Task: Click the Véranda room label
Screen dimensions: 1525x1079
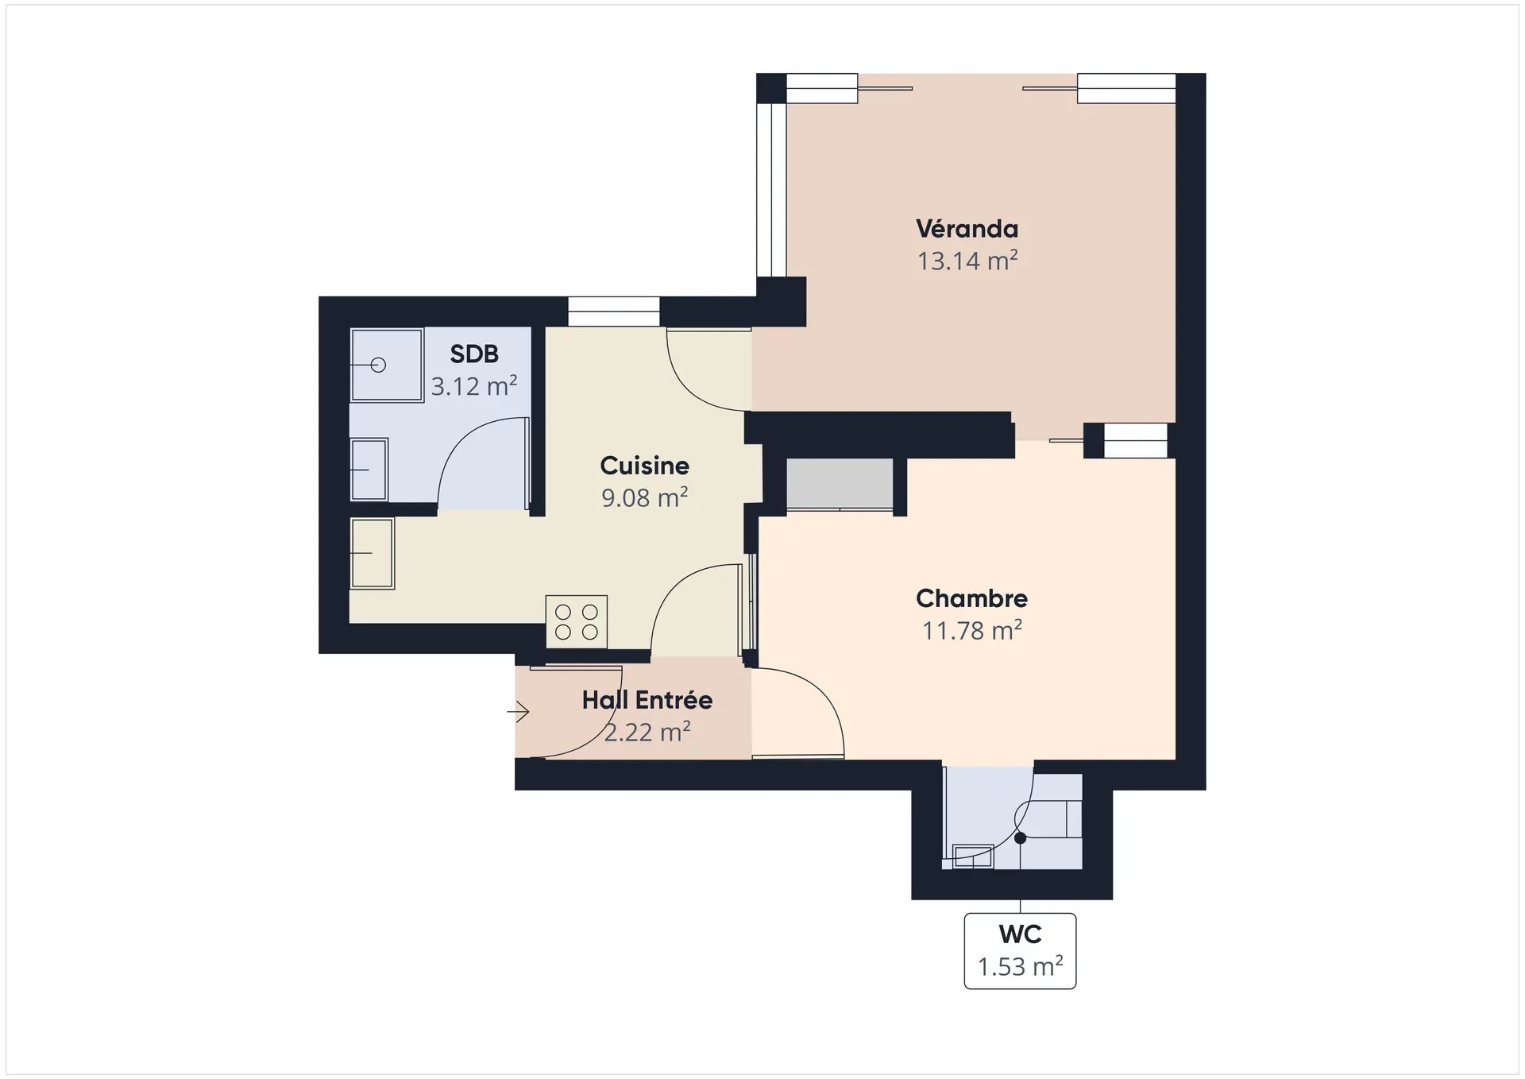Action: [x=967, y=229]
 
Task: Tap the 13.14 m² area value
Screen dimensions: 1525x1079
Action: [x=967, y=261]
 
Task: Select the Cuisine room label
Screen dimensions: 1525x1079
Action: [x=644, y=466]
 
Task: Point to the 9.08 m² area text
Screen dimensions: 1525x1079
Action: [x=644, y=497]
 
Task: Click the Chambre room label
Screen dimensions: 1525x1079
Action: [x=971, y=598]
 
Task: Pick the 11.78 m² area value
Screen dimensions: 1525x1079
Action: [x=971, y=630]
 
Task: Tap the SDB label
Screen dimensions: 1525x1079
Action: [x=474, y=354]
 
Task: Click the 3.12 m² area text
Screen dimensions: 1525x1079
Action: [x=474, y=386]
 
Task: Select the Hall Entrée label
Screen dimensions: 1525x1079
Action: [x=647, y=700]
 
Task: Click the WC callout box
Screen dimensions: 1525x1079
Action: [x=1020, y=951]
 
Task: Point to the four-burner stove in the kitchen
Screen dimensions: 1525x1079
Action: [x=577, y=621]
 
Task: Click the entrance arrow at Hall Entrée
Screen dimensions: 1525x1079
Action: [x=519, y=711]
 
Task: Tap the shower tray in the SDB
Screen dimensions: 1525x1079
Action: [x=387, y=365]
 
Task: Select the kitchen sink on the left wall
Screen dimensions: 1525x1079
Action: [x=373, y=553]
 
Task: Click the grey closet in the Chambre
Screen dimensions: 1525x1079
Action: [x=840, y=484]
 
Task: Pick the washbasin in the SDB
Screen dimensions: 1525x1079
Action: [x=369, y=470]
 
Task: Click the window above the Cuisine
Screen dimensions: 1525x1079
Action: [x=614, y=311]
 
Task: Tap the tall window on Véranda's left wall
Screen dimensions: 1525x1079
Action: [x=771, y=190]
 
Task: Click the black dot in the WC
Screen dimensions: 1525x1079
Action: [x=1021, y=838]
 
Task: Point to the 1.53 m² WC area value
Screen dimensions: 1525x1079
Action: [x=1020, y=967]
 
